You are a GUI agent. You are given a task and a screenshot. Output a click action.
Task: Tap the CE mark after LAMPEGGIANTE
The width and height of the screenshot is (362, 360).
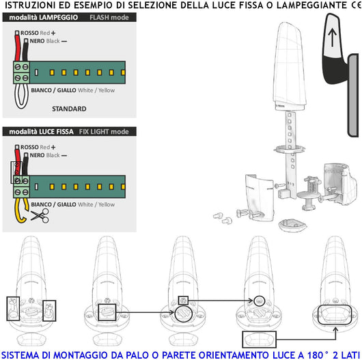[354, 5]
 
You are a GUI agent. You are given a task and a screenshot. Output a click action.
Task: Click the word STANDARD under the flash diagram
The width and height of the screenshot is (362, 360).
[69, 109]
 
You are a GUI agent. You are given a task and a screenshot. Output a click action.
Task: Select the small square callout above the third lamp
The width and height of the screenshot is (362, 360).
[182, 300]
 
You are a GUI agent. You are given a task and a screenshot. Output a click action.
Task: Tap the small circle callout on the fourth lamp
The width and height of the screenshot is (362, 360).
[260, 301]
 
